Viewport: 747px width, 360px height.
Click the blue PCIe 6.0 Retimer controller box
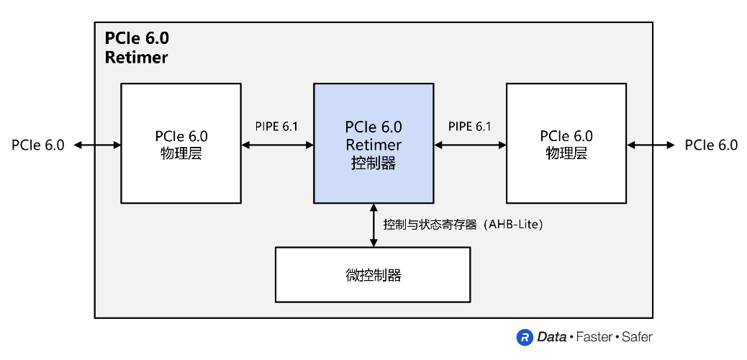(373, 144)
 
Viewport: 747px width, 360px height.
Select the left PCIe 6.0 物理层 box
(181, 144)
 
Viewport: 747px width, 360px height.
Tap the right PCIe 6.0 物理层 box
(566, 144)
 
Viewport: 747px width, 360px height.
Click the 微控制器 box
(373, 274)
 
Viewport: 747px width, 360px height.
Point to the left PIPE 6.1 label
(277, 127)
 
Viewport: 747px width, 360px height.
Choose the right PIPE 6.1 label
(470, 127)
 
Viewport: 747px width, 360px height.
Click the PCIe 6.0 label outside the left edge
(38, 145)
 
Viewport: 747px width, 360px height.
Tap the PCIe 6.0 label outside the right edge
(711, 145)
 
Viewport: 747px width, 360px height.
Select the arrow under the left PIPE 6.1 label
(277, 145)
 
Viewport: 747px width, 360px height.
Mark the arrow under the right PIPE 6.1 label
(470, 145)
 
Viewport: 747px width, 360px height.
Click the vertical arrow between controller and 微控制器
(373, 225)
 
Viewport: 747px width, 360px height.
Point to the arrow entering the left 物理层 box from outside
(97, 145)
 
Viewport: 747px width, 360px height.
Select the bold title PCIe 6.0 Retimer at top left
(137, 48)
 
